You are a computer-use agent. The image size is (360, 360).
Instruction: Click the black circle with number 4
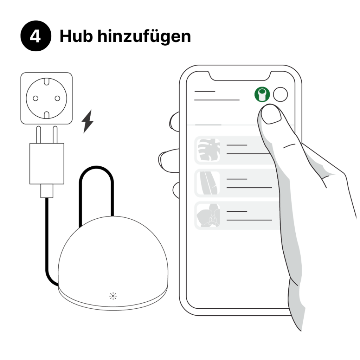click(36, 36)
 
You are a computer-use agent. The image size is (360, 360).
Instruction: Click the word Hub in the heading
click(76, 36)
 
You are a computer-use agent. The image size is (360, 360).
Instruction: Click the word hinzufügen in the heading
click(144, 37)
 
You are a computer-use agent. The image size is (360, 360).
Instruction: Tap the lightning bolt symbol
click(88, 121)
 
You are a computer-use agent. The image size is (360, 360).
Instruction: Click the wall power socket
click(46, 98)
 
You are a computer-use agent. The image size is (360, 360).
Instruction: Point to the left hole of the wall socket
click(36, 98)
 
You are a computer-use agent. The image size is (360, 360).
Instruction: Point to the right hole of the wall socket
click(57, 98)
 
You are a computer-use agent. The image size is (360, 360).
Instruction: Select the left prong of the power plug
click(39, 135)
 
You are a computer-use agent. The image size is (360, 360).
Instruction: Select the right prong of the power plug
click(55, 135)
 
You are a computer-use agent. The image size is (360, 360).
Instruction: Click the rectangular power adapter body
click(47, 163)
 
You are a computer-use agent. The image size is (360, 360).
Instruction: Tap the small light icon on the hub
click(113, 296)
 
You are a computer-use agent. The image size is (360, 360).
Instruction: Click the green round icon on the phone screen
click(262, 94)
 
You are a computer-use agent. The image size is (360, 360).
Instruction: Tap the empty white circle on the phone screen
click(280, 94)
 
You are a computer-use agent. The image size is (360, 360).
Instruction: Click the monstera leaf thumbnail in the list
click(208, 150)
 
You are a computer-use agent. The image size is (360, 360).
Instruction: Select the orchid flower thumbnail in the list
click(208, 216)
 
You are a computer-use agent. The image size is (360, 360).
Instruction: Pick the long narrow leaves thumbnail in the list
click(208, 183)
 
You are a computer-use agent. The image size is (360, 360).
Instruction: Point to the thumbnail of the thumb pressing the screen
click(271, 116)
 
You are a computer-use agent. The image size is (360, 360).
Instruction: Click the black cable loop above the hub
click(96, 168)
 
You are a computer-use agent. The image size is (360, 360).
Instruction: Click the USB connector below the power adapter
click(47, 191)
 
